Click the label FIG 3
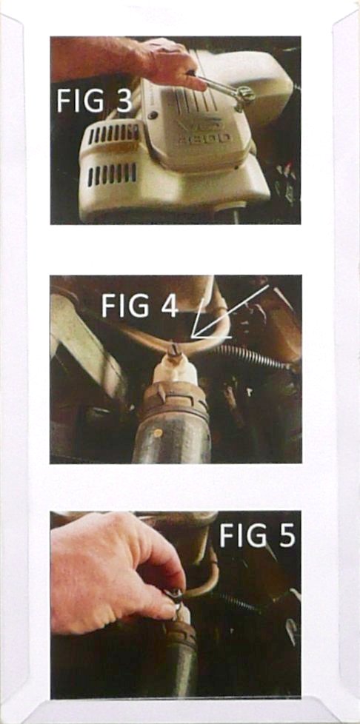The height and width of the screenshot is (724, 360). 95,101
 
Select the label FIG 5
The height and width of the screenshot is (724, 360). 257,535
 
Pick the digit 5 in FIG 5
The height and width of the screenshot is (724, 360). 287,535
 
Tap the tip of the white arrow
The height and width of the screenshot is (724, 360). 192,338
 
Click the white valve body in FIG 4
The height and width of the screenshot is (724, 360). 176,367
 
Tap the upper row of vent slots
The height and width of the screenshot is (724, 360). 113,134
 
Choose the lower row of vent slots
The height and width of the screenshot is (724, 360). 113,174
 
